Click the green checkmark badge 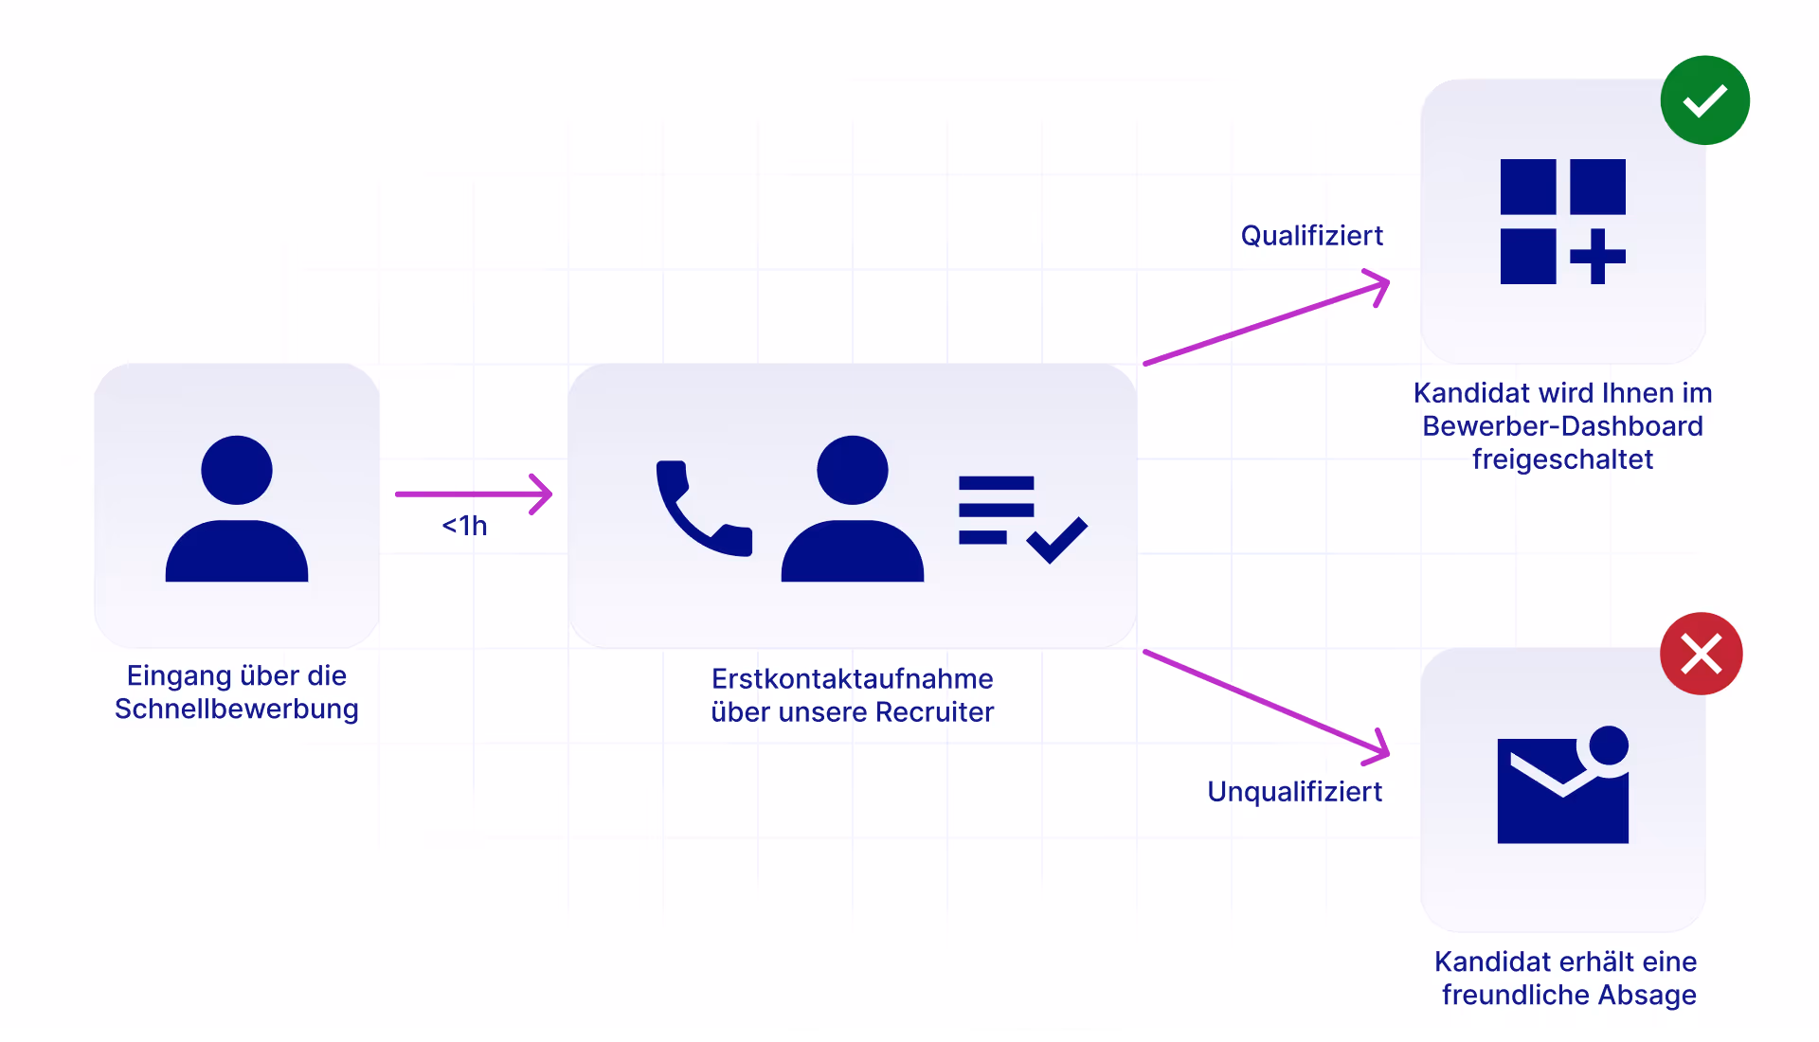(x=1704, y=100)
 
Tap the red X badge (x=1701, y=654)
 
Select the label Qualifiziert (x=1311, y=236)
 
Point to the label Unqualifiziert (x=1294, y=792)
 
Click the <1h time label (x=464, y=526)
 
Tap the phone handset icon (x=702, y=509)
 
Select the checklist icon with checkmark (x=1021, y=518)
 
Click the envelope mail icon (x=1562, y=786)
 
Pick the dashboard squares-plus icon (x=1562, y=222)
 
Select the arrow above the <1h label (x=474, y=494)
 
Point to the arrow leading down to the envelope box (x=1266, y=703)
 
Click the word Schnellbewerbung (x=237, y=710)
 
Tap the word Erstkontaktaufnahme (x=852, y=679)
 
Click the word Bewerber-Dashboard (x=1562, y=426)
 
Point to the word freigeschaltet (x=1562, y=459)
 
